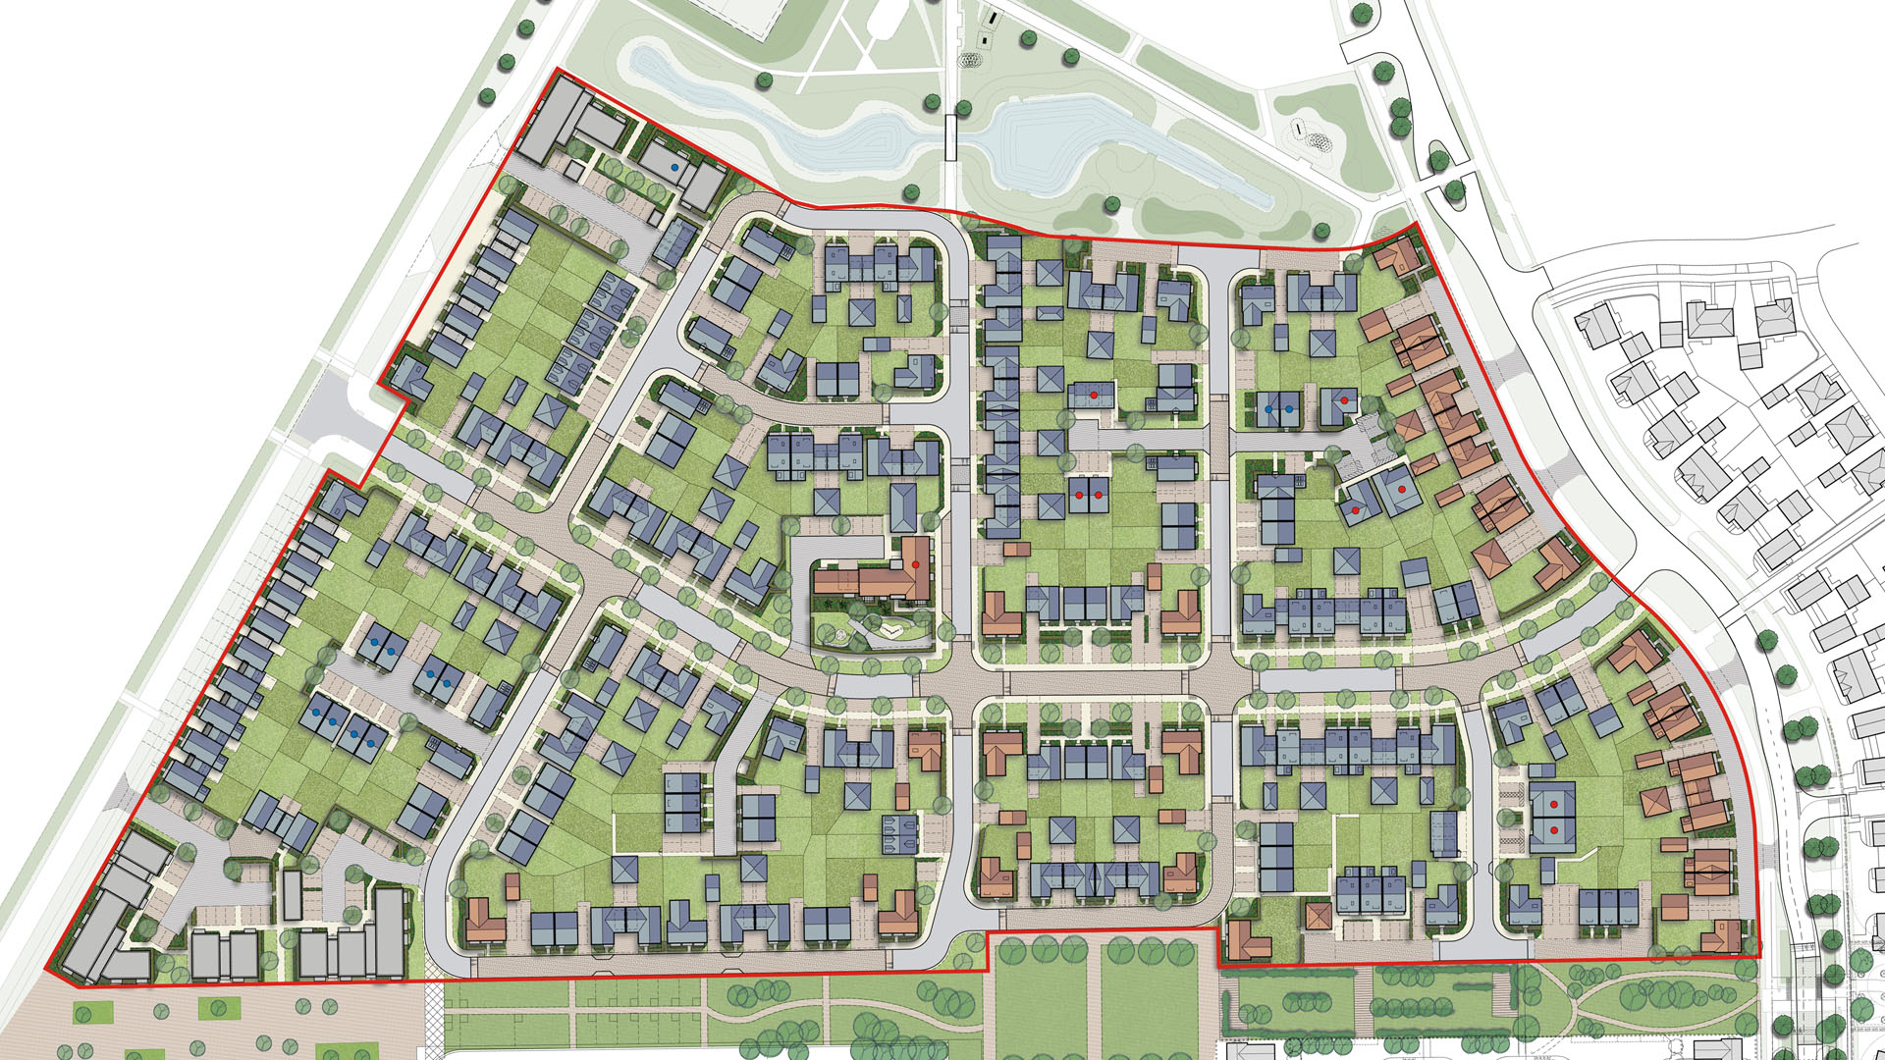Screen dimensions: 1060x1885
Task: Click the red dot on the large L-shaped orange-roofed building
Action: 915,564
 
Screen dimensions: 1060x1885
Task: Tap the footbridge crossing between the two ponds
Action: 949,136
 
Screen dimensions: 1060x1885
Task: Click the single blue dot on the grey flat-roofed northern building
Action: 673,168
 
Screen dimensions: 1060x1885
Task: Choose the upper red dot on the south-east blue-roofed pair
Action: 1554,805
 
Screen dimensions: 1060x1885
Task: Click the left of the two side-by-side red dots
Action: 1078,497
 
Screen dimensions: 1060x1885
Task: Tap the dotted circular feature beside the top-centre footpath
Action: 973,60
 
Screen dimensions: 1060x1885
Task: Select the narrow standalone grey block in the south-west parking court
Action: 292,893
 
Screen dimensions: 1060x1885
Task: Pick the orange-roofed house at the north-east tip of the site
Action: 1396,256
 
